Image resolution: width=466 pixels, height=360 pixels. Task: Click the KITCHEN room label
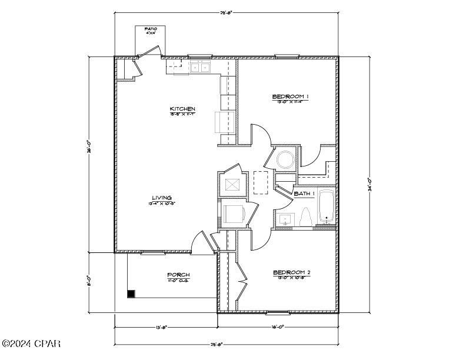click(182, 109)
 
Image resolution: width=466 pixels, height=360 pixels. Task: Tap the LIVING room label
click(162, 198)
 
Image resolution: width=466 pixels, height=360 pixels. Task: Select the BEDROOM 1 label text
click(291, 96)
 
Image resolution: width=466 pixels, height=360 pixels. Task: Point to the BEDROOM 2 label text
click(291, 272)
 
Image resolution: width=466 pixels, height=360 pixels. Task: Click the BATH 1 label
click(305, 194)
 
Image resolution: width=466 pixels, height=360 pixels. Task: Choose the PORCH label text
click(178, 275)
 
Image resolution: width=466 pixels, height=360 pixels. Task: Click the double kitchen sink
click(200, 67)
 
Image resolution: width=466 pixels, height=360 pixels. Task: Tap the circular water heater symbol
click(285, 159)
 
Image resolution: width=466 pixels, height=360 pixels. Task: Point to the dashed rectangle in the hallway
click(261, 182)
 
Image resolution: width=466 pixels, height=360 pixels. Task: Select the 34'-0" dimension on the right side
click(370, 183)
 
